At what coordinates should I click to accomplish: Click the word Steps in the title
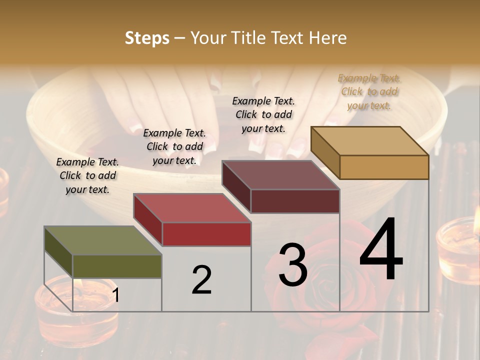point(147,38)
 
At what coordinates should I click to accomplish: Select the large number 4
point(381,250)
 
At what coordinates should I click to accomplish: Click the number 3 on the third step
point(293,265)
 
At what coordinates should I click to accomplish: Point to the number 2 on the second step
point(201,280)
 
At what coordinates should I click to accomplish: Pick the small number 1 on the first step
point(115,295)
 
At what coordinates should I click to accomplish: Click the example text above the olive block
point(87,175)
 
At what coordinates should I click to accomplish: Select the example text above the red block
point(174,146)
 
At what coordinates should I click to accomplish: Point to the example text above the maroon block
point(263,114)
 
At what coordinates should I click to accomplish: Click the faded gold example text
point(369,91)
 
